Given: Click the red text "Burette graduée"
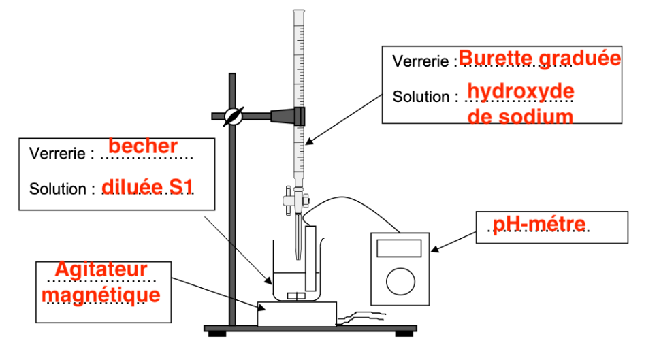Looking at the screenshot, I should pos(540,59).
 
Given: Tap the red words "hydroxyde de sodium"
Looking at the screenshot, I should pos(521,103).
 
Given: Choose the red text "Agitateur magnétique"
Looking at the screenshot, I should pos(101,282).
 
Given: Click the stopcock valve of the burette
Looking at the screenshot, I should pos(296,201).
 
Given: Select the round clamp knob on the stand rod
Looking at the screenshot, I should pos(232,116).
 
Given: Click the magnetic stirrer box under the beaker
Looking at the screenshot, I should pos(297,314).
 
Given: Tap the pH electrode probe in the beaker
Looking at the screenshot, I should pos(312,259).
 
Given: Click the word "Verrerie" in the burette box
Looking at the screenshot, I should pos(421,61).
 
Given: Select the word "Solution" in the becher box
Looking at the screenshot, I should pos(57,189).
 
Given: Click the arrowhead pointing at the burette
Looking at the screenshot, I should pos(308,142).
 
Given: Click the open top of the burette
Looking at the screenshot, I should pos(299,11).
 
